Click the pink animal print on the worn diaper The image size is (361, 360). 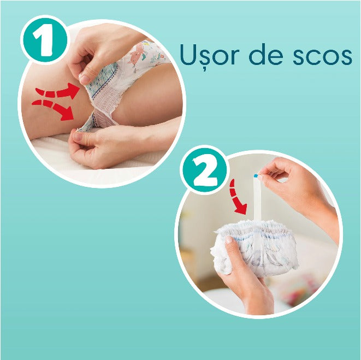140,54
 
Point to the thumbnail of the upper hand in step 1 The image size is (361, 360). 85,79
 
